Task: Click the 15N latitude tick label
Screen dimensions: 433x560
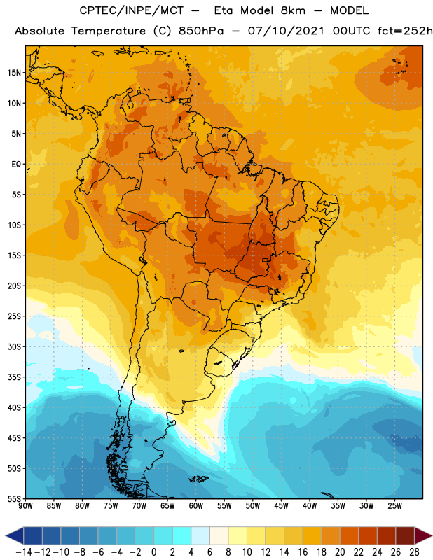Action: [13, 73]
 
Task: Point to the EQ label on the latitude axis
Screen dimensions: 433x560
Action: [16, 164]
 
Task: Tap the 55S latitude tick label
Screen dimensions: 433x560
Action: [13, 499]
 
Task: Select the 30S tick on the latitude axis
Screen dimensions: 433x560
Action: [13, 346]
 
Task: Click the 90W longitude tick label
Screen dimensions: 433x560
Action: [25, 505]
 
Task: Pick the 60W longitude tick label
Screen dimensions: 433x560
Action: [196, 505]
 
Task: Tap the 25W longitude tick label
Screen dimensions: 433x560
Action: [395, 505]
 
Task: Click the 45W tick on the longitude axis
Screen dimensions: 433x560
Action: [282, 505]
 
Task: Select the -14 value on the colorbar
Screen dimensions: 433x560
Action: [24, 552]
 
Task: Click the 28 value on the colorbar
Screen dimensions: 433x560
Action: [414, 552]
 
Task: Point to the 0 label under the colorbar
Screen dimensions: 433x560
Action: [153, 552]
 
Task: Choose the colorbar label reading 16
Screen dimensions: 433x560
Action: [303, 552]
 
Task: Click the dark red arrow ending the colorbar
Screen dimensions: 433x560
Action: [422, 536]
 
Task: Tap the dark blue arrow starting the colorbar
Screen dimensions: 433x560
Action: [15, 536]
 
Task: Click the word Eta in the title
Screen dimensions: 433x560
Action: [224, 10]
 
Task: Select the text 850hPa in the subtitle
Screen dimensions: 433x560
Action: [201, 31]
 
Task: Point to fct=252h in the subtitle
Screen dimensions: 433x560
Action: [405, 31]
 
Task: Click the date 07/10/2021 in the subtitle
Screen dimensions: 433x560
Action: [286, 31]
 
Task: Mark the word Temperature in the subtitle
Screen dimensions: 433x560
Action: [109, 31]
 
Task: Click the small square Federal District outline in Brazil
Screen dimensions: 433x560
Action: [266, 260]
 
